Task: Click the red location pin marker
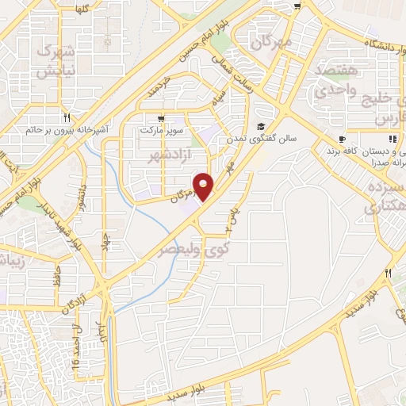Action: coord(205,187)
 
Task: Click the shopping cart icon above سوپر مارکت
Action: coord(161,117)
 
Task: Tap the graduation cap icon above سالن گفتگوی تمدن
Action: coord(260,127)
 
